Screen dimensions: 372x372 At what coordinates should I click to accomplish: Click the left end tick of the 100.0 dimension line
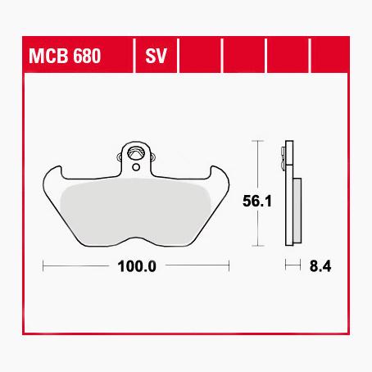(43, 265)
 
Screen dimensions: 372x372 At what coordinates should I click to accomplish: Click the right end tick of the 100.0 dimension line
(229, 265)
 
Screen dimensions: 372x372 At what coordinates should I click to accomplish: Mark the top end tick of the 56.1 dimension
(260, 141)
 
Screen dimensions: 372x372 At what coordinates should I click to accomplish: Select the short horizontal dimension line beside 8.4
(289, 265)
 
